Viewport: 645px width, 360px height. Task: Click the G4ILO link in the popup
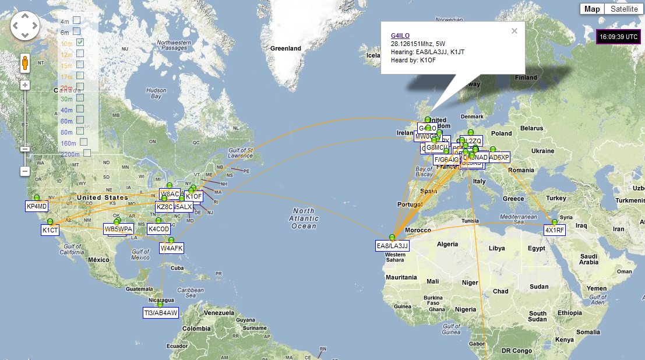pos(400,36)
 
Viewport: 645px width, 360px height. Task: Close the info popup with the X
pos(514,31)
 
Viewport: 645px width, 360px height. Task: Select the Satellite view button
pos(624,9)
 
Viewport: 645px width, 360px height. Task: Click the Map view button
pos(592,9)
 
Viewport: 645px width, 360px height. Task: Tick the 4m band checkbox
pos(76,20)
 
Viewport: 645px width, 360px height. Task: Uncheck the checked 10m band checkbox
pos(80,42)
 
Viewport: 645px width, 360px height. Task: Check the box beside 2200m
pos(87,153)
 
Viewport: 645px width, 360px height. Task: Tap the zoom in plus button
pos(25,85)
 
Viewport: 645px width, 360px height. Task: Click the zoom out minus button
pos(25,171)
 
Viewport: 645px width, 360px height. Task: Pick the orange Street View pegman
pos(25,63)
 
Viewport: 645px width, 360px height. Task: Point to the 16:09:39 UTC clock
pos(619,36)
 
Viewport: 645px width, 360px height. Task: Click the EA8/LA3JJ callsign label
pos(393,246)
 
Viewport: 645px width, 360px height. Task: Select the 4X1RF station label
pos(555,230)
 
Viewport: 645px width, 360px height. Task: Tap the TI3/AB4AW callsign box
pos(161,313)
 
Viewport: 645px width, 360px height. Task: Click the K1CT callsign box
pos(50,230)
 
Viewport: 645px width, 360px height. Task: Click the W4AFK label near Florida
pos(172,248)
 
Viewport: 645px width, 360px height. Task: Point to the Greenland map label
pos(285,48)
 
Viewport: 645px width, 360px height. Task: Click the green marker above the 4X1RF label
pos(555,221)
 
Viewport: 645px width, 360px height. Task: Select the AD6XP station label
pos(499,157)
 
